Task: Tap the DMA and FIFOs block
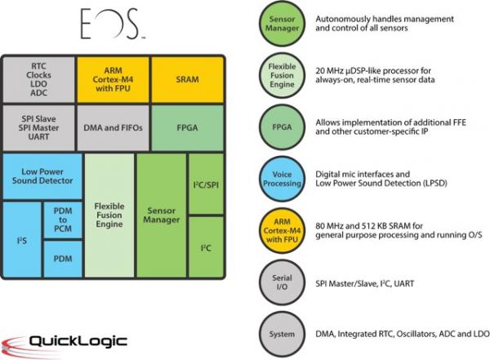click(114, 127)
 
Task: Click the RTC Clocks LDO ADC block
click(39, 78)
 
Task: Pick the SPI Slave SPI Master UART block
click(39, 127)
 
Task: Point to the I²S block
click(21, 242)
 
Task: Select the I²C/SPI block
click(207, 184)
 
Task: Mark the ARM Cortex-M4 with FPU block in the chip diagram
click(114, 78)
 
